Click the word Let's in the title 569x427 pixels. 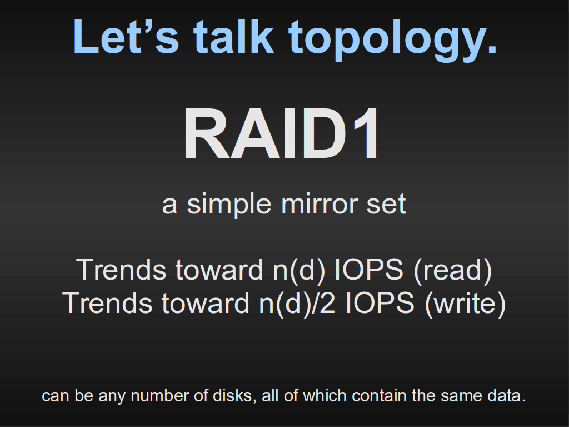pyautogui.click(x=126, y=37)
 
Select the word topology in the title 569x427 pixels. pyautogui.click(x=386, y=41)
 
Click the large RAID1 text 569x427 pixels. pyautogui.click(x=282, y=133)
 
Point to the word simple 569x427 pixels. pyautogui.click(x=229, y=205)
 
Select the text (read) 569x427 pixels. pyautogui.click(x=453, y=270)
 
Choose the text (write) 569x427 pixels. pyautogui.click(x=465, y=303)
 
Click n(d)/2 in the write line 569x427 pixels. pyautogui.click(x=297, y=303)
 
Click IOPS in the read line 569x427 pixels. pyautogui.click(x=368, y=270)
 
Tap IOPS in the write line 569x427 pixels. pyautogui.click(x=380, y=303)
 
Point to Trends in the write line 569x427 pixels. pyautogui.click(x=107, y=303)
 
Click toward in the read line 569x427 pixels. pyautogui.click(x=219, y=270)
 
